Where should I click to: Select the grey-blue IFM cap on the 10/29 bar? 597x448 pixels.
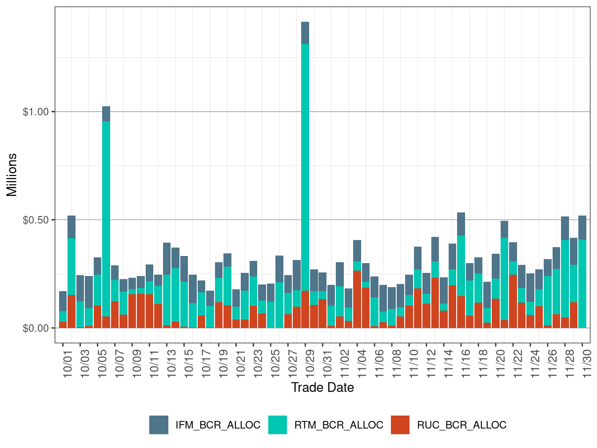(x=305, y=33)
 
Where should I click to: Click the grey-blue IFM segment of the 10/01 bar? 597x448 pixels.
(x=63, y=301)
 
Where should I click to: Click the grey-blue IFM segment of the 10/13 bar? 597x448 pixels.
(x=167, y=258)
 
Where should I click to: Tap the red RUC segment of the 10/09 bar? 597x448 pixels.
(x=132, y=311)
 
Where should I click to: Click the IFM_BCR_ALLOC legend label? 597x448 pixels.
(x=218, y=425)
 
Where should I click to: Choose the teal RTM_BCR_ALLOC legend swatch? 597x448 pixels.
(x=278, y=425)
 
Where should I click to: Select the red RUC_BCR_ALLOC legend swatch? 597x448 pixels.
(x=400, y=425)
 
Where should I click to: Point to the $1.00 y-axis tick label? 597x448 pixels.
(x=36, y=112)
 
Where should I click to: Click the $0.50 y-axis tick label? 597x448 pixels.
(x=36, y=220)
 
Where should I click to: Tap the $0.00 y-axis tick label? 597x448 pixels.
(x=36, y=328)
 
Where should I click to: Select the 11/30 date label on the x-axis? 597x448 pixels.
(x=587, y=364)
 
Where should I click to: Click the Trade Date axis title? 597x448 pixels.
(x=322, y=388)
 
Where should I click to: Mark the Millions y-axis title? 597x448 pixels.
(x=12, y=175)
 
